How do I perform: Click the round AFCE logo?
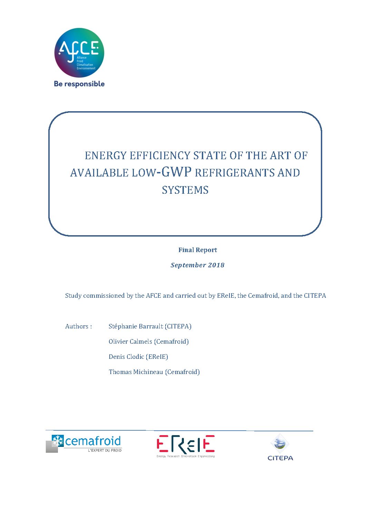[x=79, y=52]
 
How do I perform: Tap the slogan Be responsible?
[x=79, y=84]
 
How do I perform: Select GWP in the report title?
[x=176, y=172]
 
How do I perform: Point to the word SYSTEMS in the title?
[x=185, y=190]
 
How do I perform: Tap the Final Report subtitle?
[x=197, y=250]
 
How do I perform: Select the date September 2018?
[x=197, y=265]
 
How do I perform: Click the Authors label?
[x=78, y=326]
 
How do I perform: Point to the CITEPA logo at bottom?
[x=280, y=448]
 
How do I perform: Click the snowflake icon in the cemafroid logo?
[x=58, y=441]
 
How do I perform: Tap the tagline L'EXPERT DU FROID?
[x=105, y=450]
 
